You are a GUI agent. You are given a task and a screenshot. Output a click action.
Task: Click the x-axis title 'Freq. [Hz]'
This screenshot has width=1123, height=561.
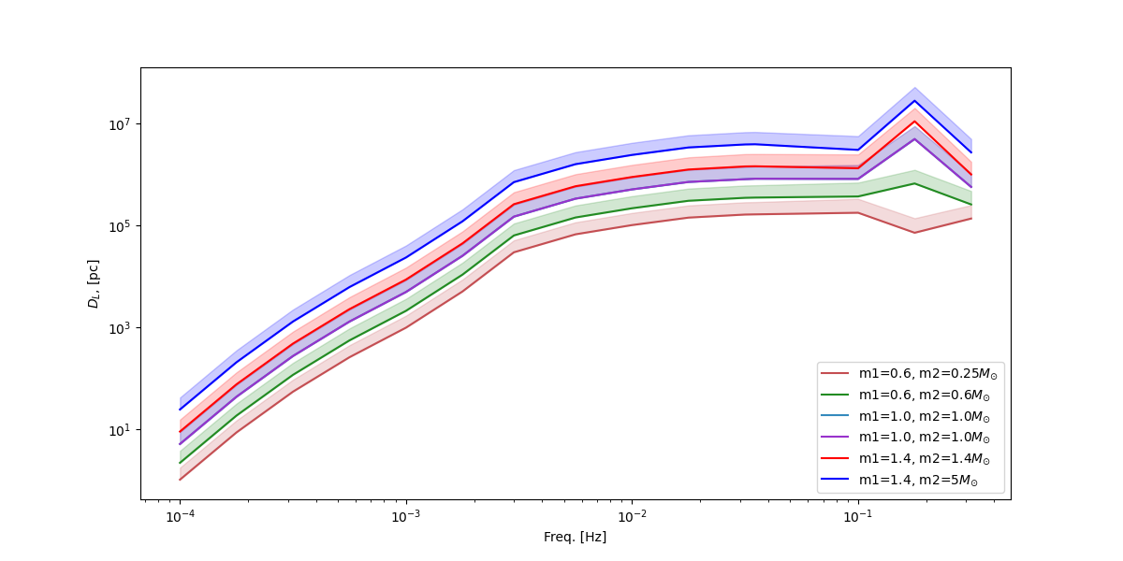pos(576,538)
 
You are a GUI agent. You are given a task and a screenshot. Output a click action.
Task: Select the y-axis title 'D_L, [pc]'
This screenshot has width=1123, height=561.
pos(94,285)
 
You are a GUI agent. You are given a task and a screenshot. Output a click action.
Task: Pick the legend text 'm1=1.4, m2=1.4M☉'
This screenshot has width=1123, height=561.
pos(925,459)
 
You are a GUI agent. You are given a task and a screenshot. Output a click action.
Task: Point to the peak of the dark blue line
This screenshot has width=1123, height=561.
pos(914,100)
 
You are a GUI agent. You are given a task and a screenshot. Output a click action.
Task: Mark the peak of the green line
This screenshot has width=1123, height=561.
pos(914,182)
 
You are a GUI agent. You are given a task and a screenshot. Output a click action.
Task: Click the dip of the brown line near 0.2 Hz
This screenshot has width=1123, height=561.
pos(914,232)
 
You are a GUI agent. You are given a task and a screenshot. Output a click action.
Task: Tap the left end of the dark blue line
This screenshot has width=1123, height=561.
pos(180,409)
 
